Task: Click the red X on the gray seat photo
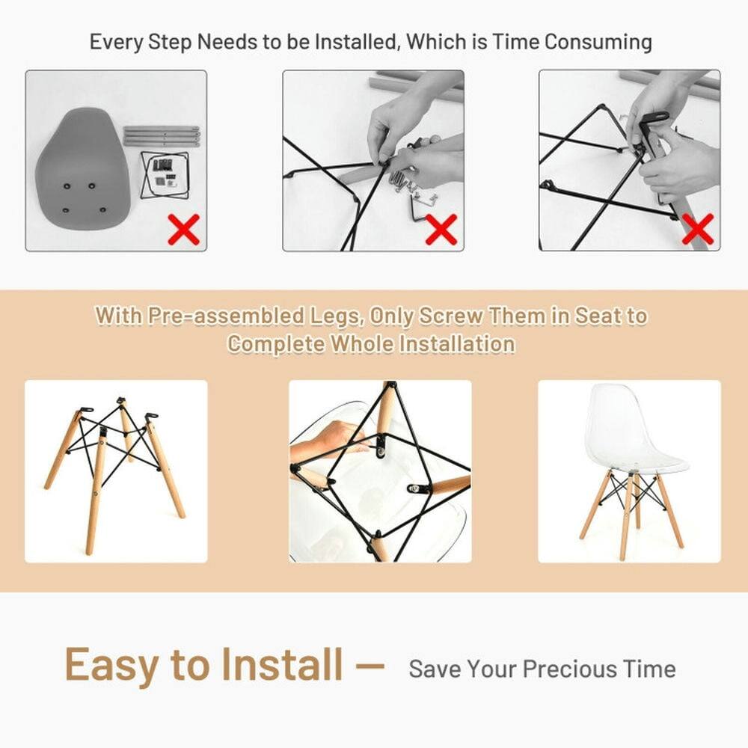point(183,230)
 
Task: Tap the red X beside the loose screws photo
point(441,229)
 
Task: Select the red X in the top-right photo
point(698,229)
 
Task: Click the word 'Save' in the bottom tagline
point(435,669)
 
